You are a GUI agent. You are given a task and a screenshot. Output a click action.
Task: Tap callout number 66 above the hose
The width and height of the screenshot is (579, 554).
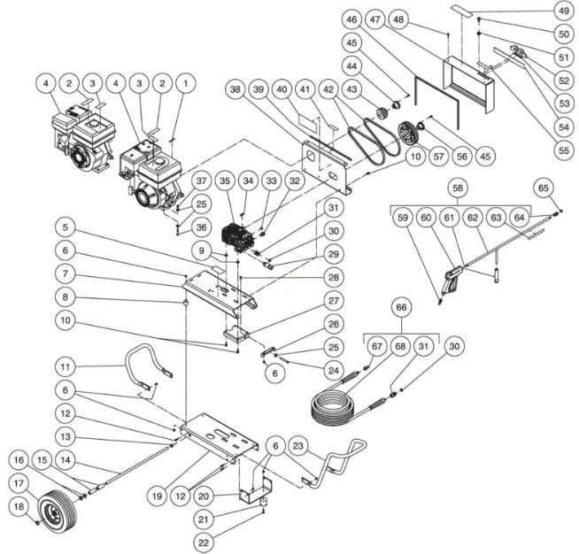pyautogui.click(x=403, y=307)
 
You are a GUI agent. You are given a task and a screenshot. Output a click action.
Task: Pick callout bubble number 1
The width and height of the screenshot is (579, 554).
pyautogui.click(x=185, y=83)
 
